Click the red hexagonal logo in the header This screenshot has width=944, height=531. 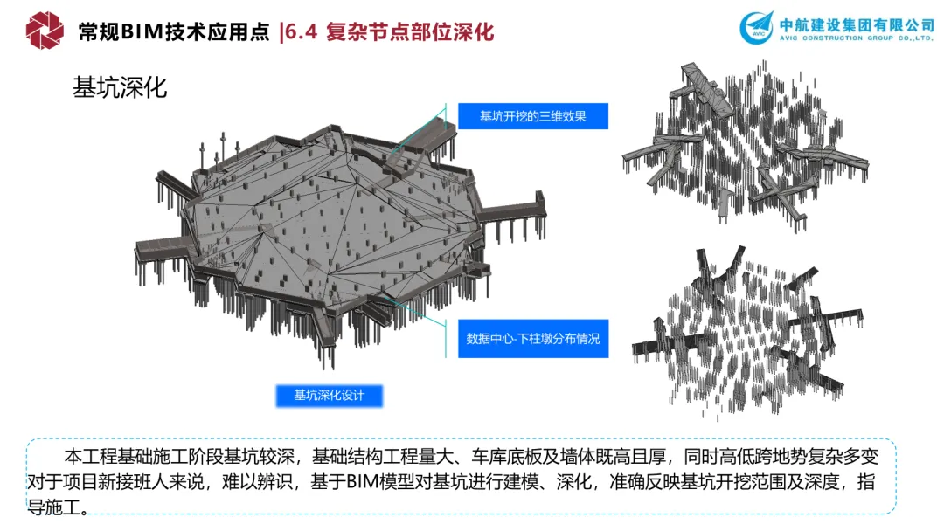(x=45, y=31)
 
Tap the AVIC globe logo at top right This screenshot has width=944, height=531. (x=756, y=28)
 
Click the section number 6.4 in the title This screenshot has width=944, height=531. (x=302, y=32)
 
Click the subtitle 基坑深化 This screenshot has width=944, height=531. (x=120, y=88)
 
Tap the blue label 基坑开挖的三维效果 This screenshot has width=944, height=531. (x=532, y=116)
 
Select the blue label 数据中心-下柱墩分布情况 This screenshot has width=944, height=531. (x=532, y=338)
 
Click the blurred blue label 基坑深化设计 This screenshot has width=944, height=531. (x=329, y=396)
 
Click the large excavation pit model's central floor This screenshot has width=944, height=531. (x=332, y=227)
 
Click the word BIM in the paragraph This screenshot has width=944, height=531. (x=365, y=481)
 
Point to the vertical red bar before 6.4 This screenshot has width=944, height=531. (x=281, y=32)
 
